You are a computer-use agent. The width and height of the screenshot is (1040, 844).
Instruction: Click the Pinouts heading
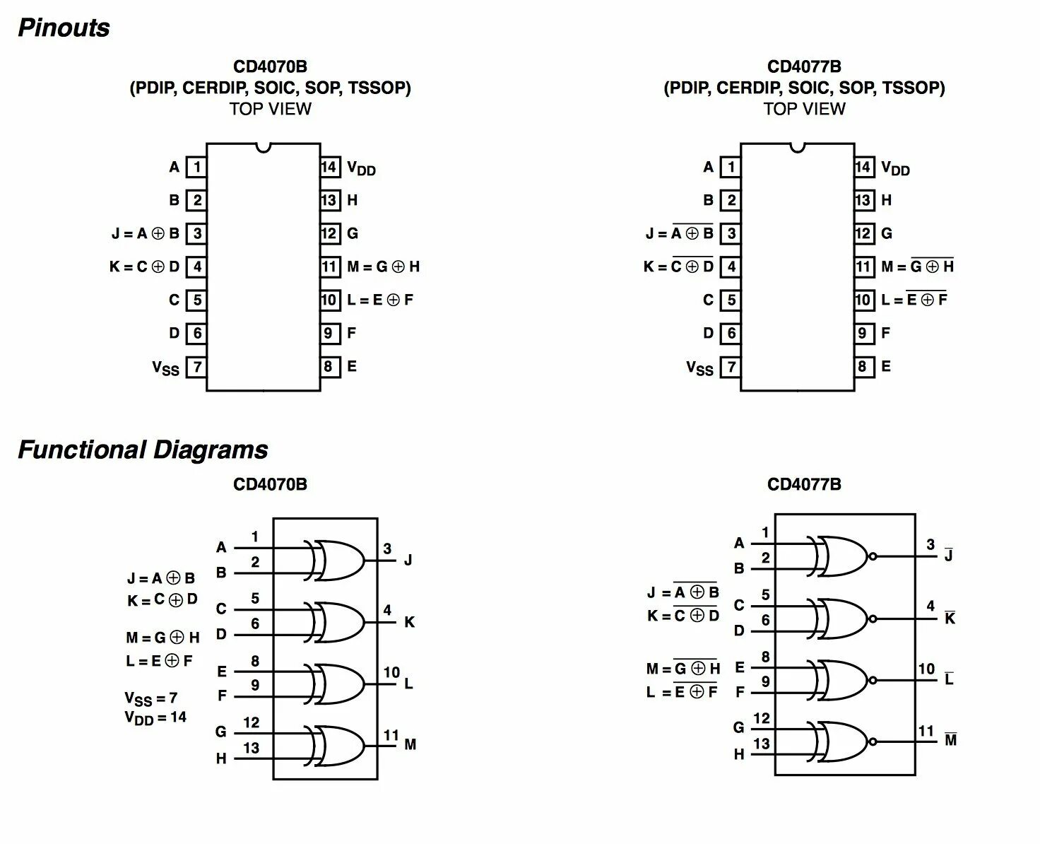pos(64,28)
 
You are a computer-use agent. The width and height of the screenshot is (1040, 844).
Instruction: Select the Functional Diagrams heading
pos(143,450)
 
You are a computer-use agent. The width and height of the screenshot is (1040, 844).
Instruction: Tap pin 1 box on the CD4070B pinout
pos(196,168)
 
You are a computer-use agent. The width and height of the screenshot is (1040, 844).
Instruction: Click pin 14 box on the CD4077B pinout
pos(863,167)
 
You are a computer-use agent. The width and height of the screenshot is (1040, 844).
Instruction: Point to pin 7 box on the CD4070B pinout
pos(196,367)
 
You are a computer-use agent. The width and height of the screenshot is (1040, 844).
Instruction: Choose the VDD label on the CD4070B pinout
pos(361,168)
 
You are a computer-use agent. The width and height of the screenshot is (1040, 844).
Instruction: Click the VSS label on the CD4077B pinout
pos(699,368)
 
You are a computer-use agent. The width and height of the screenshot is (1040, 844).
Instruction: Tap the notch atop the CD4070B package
pos(264,147)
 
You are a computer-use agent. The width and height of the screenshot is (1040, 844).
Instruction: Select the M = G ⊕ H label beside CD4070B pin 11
pos(384,266)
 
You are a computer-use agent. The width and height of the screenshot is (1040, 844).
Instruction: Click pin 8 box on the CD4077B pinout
pos(863,366)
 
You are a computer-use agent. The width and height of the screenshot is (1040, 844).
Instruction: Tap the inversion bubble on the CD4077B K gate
pos(873,619)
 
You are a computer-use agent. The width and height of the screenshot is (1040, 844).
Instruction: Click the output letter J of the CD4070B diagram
pos(408,561)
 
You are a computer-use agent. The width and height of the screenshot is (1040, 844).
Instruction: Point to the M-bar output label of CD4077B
pos(950,740)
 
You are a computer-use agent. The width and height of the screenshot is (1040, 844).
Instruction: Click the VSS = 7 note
pos(150,699)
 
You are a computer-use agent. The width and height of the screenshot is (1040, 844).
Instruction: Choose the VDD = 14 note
pos(155,717)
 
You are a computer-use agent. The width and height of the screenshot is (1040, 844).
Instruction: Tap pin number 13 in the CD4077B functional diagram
pos(761,744)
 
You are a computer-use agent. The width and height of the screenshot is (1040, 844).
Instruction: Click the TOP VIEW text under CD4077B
pos(804,109)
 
